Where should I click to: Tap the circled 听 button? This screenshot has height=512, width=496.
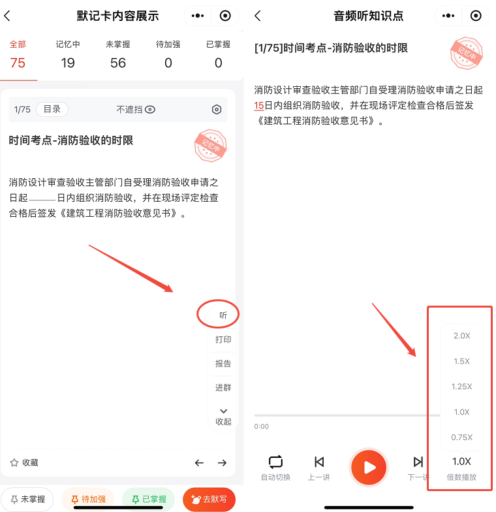click(x=223, y=315)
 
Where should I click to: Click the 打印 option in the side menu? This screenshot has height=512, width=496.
click(x=223, y=340)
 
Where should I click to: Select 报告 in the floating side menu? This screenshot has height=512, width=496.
click(x=223, y=363)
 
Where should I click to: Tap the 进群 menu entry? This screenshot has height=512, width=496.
click(x=223, y=388)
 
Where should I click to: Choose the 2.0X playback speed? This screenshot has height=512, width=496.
click(x=462, y=336)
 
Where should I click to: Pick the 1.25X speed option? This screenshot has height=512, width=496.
click(x=462, y=387)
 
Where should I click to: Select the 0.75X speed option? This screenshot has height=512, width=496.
click(x=462, y=438)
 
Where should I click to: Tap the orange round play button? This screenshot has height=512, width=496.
click(x=369, y=468)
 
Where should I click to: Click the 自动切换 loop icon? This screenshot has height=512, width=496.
click(x=275, y=462)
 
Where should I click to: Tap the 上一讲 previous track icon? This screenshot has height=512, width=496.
click(x=319, y=462)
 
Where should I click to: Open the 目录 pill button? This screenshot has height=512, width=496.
click(x=52, y=109)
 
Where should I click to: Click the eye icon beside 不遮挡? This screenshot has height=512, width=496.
click(x=150, y=110)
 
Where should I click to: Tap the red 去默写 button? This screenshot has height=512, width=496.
click(x=209, y=499)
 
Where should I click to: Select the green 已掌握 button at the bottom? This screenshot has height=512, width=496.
click(x=149, y=499)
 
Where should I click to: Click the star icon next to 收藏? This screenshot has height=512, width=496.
click(x=14, y=462)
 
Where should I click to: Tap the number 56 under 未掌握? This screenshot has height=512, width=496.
click(x=117, y=63)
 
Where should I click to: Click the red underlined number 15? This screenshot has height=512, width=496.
click(x=258, y=106)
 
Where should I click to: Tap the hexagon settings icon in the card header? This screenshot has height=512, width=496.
click(x=217, y=110)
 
